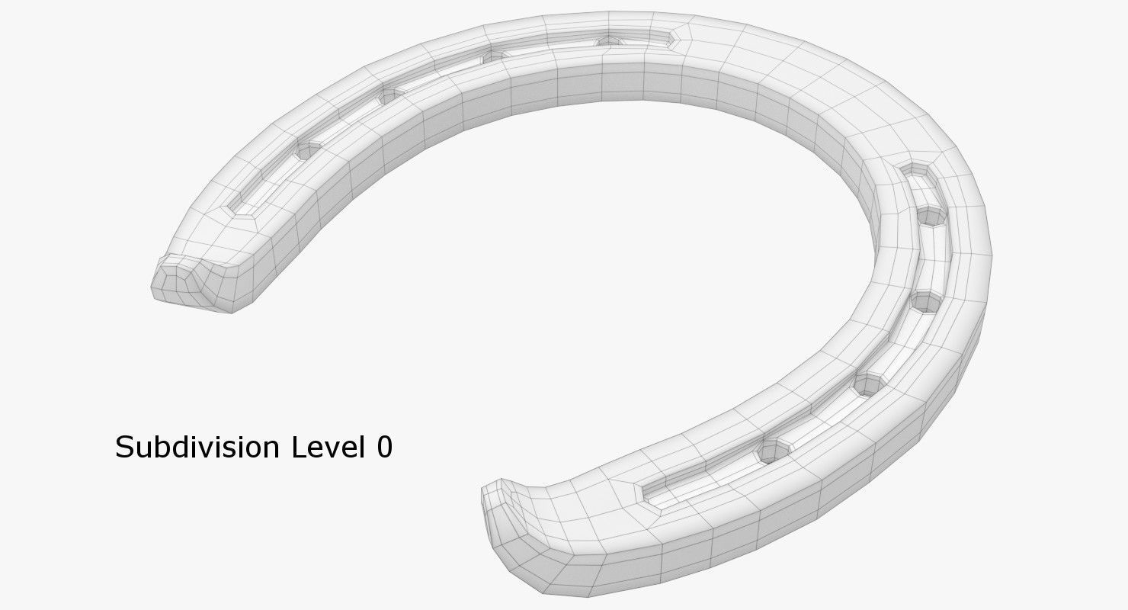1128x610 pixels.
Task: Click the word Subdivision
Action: coord(199,447)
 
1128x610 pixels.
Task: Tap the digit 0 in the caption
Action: coord(384,448)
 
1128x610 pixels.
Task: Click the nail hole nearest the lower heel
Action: coord(771,453)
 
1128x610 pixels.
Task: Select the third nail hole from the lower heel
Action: coord(925,301)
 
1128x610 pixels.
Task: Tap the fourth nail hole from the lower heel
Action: coord(931,217)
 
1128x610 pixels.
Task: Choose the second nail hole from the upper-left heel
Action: coord(389,95)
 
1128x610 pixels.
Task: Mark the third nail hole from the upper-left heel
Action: coord(494,55)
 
